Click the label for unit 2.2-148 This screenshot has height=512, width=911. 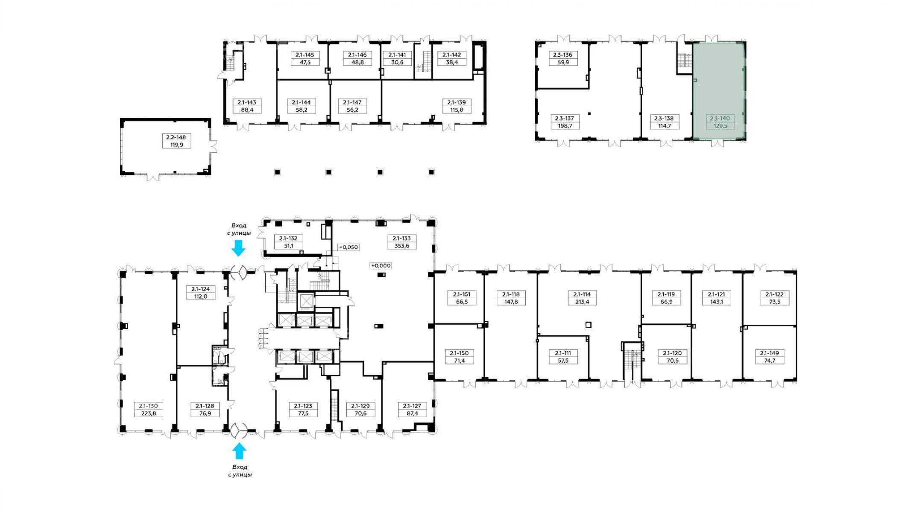[x=176, y=137]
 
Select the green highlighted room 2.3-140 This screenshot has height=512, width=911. [x=719, y=91]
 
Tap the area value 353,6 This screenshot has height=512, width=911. [x=401, y=246]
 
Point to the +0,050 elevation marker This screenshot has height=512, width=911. [x=349, y=247]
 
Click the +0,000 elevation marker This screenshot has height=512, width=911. [x=381, y=265]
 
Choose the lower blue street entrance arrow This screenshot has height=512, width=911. [x=239, y=451]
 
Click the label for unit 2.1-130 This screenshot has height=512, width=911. [x=148, y=406]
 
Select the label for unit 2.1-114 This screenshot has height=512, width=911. [x=582, y=294]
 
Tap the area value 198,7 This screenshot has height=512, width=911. [x=564, y=126]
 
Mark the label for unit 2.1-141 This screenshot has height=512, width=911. [x=397, y=55]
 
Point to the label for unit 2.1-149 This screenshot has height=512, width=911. [x=769, y=353]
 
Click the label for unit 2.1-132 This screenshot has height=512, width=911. [x=288, y=239]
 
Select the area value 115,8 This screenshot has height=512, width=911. [x=457, y=110]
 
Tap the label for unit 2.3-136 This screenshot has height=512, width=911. [x=562, y=55]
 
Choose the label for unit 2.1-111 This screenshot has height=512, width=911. [x=563, y=353]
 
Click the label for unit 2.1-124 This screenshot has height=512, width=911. [x=200, y=289]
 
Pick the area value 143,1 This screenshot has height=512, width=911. [x=717, y=302]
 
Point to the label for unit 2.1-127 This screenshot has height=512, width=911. [x=412, y=406]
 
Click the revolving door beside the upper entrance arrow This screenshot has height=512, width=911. [x=238, y=272]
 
